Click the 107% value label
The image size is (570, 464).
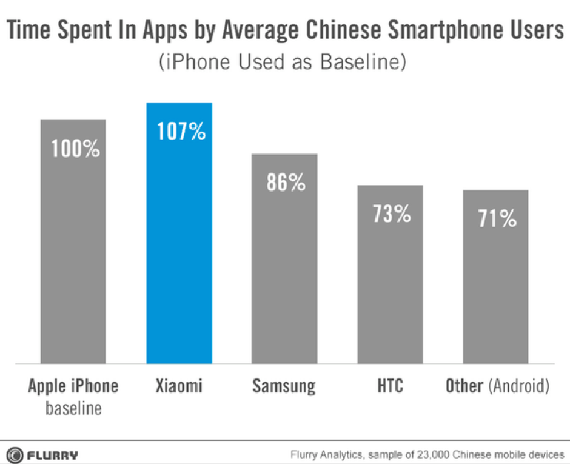coord(181,132)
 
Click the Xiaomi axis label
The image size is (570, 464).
coord(179,386)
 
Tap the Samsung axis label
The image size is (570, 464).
coord(284,386)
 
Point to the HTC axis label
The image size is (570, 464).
coord(390,386)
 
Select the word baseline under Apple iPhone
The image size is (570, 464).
coord(73,408)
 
